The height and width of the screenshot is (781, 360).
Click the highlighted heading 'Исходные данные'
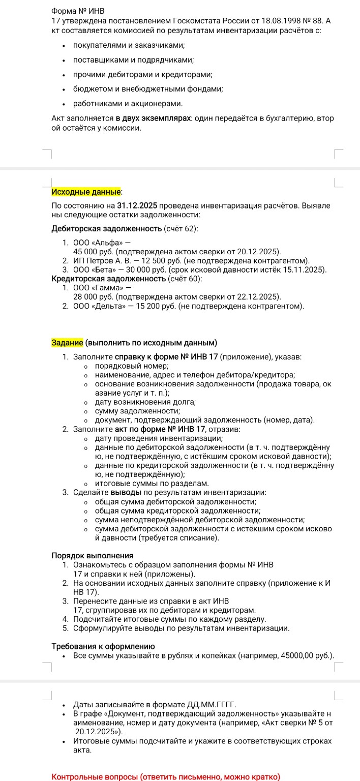pyautogui.click(x=86, y=192)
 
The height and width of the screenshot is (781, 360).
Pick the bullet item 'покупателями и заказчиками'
pyautogui.click(x=129, y=46)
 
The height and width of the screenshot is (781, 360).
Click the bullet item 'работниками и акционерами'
pyautogui.click(x=128, y=104)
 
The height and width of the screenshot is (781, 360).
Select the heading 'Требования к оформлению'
pyautogui.click(x=103, y=646)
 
